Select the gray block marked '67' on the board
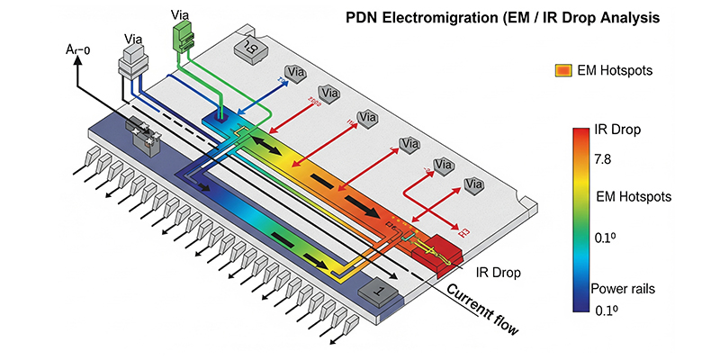[245, 45]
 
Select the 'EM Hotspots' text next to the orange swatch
[616, 70]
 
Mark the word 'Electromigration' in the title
[444, 17]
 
